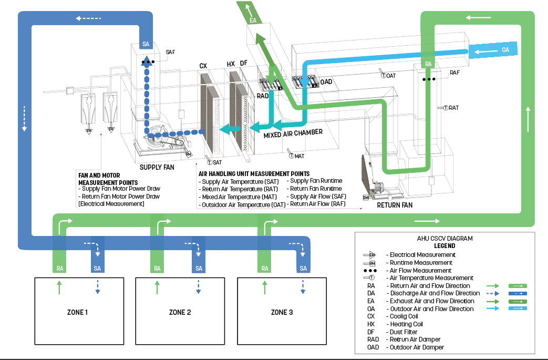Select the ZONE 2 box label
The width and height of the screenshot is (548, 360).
click(180, 312)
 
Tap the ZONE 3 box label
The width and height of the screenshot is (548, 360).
click(282, 312)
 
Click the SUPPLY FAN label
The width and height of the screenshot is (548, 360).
click(157, 168)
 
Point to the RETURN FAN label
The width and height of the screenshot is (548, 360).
click(395, 205)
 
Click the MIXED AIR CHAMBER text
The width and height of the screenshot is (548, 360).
click(293, 133)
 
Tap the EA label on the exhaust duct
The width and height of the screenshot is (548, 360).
click(253, 20)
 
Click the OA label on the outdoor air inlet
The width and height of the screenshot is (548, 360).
click(505, 50)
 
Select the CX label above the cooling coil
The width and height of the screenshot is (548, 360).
click(203, 66)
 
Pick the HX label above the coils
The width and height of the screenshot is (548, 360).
click(231, 64)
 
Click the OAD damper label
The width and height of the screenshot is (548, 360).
click(326, 82)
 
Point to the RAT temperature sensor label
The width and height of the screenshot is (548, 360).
click(453, 108)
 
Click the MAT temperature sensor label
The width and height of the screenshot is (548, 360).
click(299, 156)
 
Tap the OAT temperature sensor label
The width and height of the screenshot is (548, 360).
click(391, 76)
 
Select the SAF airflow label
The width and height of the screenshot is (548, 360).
click(170, 52)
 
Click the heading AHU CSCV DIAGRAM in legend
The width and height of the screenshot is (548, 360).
click(444, 238)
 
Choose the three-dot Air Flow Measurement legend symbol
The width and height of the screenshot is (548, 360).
click(371, 270)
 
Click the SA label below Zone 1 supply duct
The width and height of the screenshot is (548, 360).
click(97, 268)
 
